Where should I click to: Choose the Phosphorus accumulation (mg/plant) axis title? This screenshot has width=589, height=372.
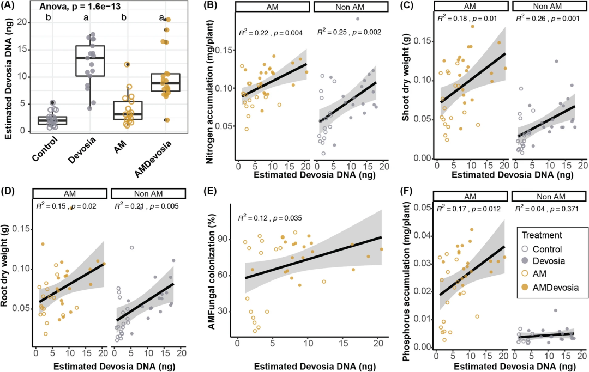click(x=407, y=278)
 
